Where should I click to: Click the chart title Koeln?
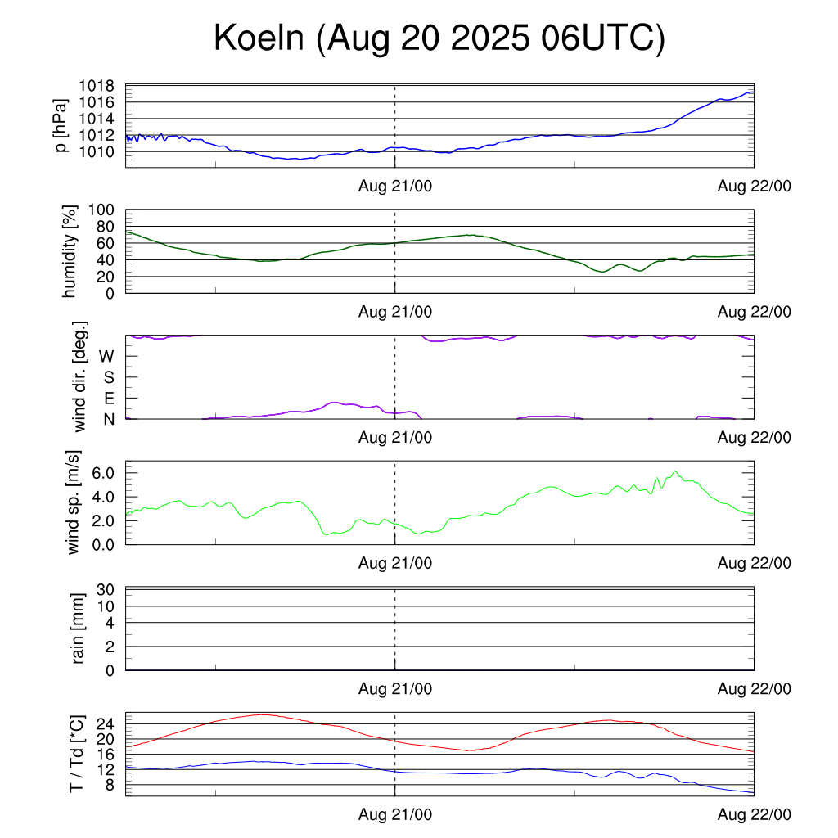click(259, 39)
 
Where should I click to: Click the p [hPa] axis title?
click(62, 125)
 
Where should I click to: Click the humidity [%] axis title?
click(70, 251)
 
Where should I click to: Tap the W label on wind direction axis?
click(106, 356)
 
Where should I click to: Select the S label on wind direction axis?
click(107, 377)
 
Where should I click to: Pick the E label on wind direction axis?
click(107, 399)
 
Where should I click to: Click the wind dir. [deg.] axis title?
click(80, 377)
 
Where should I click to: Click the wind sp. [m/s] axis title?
click(74, 502)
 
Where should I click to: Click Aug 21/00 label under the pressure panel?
click(395, 187)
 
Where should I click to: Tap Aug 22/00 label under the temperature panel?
click(755, 815)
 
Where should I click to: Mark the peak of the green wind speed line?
click(675, 472)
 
